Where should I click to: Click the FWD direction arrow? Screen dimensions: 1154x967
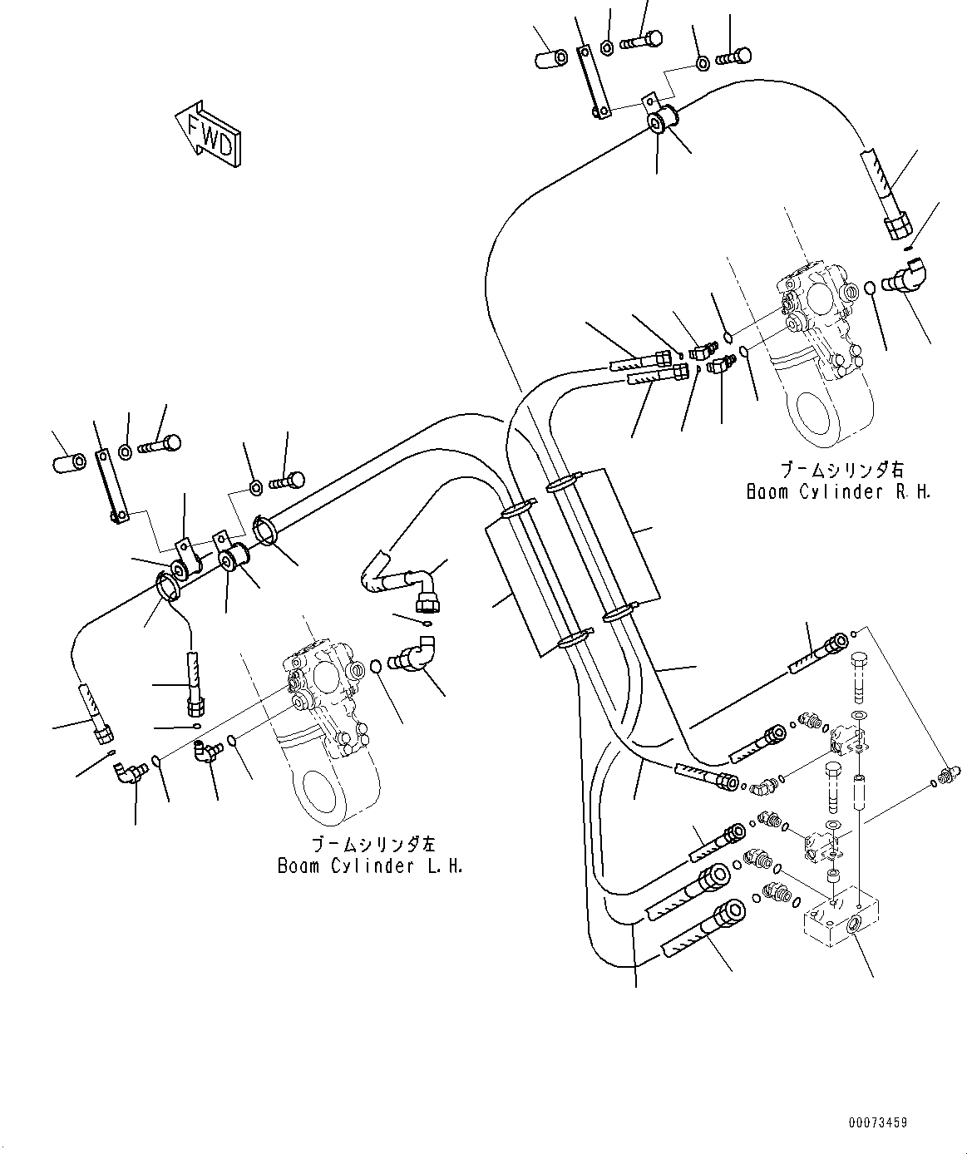tap(208, 133)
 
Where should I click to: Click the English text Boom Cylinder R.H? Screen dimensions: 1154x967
tap(838, 491)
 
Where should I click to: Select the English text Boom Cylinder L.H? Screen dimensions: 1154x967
tap(371, 865)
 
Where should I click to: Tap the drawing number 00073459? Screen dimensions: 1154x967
tap(878, 1122)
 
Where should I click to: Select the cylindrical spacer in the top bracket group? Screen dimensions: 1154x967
tap(550, 58)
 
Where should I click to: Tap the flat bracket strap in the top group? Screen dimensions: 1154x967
tap(592, 79)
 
